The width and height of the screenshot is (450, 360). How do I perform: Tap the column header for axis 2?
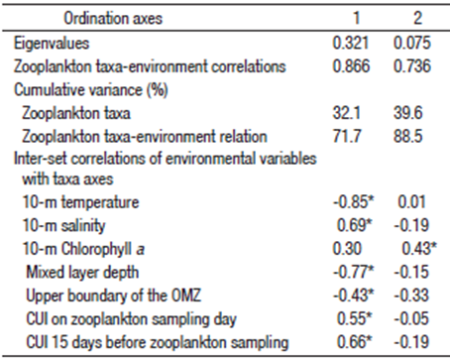(417, 19)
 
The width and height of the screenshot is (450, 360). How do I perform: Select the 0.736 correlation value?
(415, 66)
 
